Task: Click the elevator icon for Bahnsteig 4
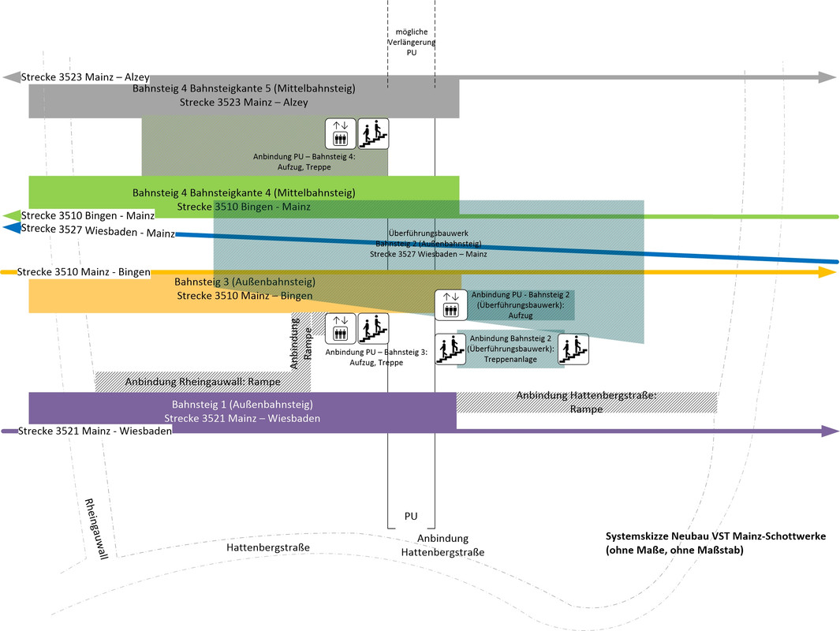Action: tap(341, 133)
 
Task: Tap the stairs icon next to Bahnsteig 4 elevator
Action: tap(374, 133)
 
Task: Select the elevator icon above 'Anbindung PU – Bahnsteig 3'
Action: tap(341, 329)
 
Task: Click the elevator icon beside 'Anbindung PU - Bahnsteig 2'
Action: tap(450, 304)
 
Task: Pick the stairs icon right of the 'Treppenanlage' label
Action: tap(573, 349)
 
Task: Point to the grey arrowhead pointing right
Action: tap(827, 77)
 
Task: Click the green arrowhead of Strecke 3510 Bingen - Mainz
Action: tap(12, 215)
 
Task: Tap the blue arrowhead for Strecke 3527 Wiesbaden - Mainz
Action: tap(12, 228)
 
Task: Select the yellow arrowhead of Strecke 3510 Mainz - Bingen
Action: tap(827, 272)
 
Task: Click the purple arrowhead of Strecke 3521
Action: tap(828, 431)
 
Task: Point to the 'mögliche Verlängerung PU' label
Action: tap(411, 41)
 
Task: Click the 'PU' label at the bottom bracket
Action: tap(411, 517)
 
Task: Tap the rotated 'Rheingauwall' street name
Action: tap(95, 528)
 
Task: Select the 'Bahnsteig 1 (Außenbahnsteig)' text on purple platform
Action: tap(242, 405)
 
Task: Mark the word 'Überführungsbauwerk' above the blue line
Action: tap(428, 233)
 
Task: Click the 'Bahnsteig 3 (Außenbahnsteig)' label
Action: tap(245, 282)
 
